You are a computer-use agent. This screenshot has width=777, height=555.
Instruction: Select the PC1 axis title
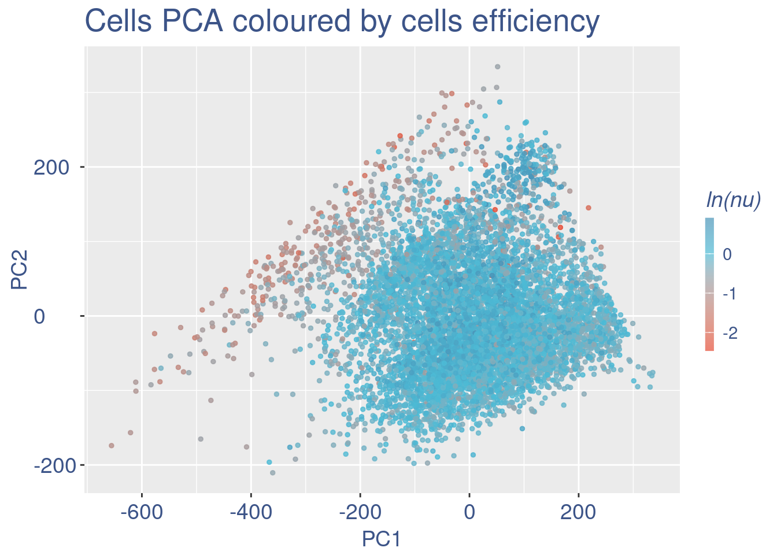click(x=381, y=539)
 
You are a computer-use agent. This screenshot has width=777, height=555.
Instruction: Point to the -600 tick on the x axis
click(x=141, y=513)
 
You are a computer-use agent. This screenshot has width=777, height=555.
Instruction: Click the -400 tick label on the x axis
click(x=251, y=513)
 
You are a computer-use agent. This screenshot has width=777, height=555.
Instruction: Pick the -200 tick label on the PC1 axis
click(x=360, y=513)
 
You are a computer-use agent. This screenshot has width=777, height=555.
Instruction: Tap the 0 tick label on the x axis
click(x=469, y=513)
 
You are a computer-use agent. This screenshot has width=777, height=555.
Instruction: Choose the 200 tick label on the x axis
click(x=579, y=513)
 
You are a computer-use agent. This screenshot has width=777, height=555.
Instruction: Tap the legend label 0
click(x=727, y=254)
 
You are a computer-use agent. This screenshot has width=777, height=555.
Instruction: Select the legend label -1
click(x=730, y=294)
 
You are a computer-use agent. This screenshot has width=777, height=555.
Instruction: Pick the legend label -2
click(x=730, y=333)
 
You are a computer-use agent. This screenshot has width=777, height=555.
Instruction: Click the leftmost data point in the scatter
click(x=112, y=446)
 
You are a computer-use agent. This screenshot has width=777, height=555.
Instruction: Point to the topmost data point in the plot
click(x=497, y=67)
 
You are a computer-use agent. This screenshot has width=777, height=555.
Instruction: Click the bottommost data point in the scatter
click(x=273, y=473)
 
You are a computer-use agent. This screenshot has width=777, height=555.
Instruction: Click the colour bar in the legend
click(x=709, y=284)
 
